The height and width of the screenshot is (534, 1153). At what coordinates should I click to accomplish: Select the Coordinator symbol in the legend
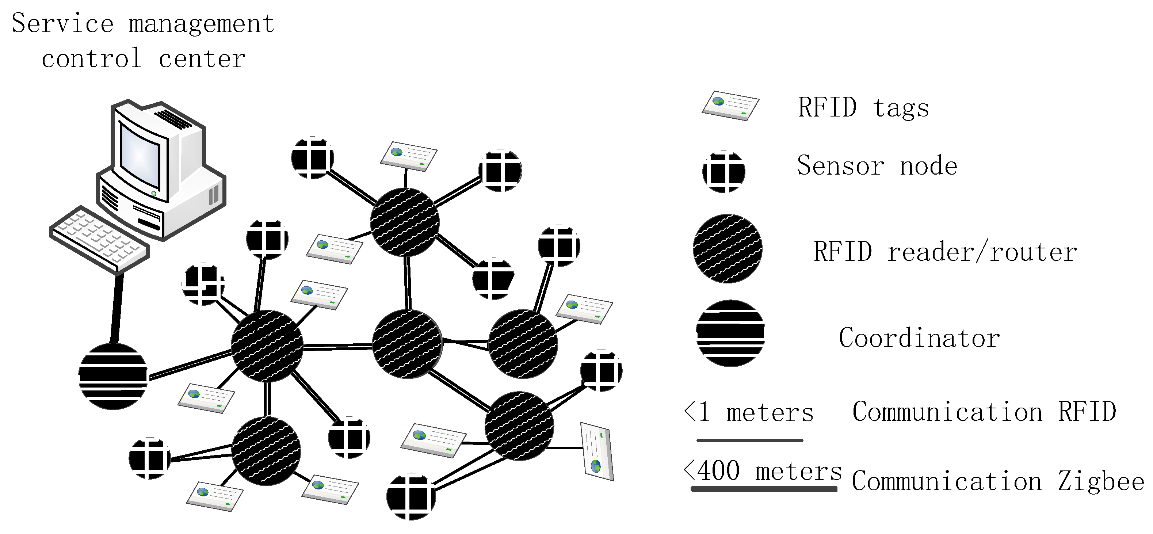click(730, 333)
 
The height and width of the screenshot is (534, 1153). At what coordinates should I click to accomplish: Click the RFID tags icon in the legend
click(730, 106)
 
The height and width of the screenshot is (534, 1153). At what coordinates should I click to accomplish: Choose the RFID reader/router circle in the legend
click(728, 249)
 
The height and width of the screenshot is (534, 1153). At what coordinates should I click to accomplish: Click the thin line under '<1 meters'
click(750, 440)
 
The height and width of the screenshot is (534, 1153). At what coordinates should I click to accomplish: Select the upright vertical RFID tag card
click(597, 451)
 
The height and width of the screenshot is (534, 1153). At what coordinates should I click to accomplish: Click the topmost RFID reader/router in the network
click(405, 222)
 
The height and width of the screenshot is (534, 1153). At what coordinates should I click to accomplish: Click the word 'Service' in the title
click(63, 23)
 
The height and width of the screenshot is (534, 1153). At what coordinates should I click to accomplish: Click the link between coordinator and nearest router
click(190, 365)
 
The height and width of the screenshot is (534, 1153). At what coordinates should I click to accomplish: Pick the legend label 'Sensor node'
click(877, 165)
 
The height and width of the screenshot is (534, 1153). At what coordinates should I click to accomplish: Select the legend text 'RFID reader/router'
click(944, 252)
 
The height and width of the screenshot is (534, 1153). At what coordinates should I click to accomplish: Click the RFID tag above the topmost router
click(409, 156)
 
